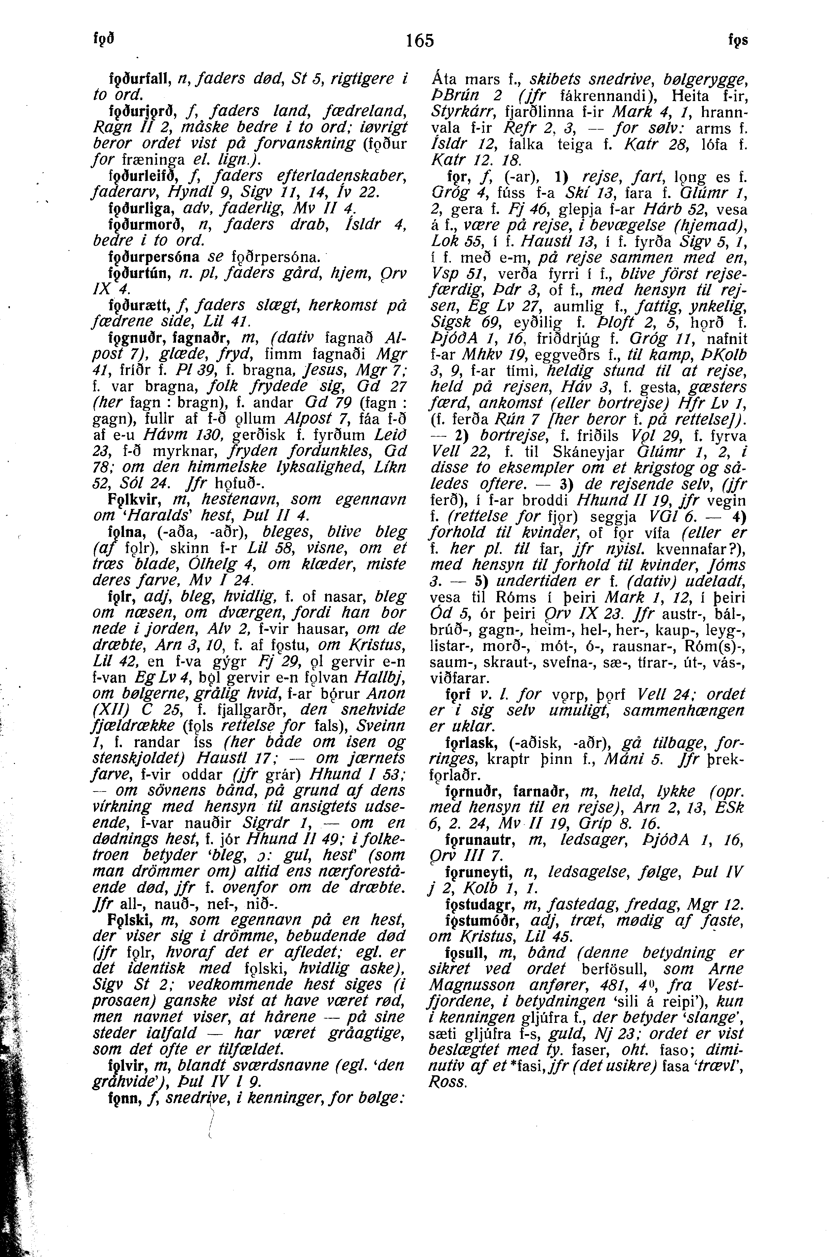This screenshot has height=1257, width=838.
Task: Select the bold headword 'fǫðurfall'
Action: click(x=139, y=79)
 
